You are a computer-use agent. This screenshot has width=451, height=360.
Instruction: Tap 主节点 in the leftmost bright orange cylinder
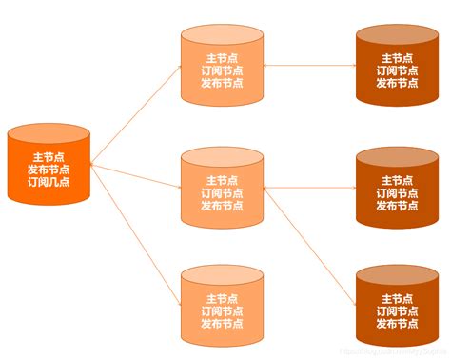click(x=49, y=157)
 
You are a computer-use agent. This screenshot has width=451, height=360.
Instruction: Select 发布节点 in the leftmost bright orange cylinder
click(x=49, y=170)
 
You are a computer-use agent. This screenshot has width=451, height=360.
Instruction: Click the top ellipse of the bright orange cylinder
click(x=49, y=135)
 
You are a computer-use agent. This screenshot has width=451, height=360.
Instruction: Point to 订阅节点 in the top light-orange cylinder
click(x=222, y=70)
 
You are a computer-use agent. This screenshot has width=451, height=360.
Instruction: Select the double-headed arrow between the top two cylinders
click(x=309, y=67)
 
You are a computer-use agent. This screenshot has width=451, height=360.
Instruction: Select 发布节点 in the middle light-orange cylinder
click(x=222, y=206)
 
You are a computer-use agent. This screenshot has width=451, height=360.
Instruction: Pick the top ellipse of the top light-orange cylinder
click(x=222, y=35)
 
